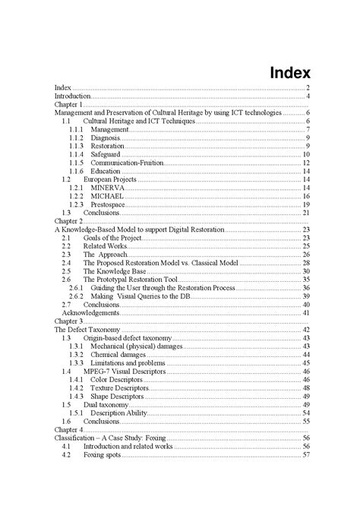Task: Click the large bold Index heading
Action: point(290,74)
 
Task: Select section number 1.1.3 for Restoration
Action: point(75,146)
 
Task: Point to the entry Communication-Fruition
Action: point(127,163)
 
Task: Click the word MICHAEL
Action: point(107,196)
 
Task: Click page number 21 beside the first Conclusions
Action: point(306,213)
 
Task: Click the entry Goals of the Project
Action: point(112,238)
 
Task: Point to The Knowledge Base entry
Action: point(114,271)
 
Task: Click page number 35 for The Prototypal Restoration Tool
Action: point(306,280)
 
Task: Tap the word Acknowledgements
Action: point(90,312)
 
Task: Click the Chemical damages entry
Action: point(118,354)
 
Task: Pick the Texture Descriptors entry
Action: point(120,387)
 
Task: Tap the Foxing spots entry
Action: point(103,454)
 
